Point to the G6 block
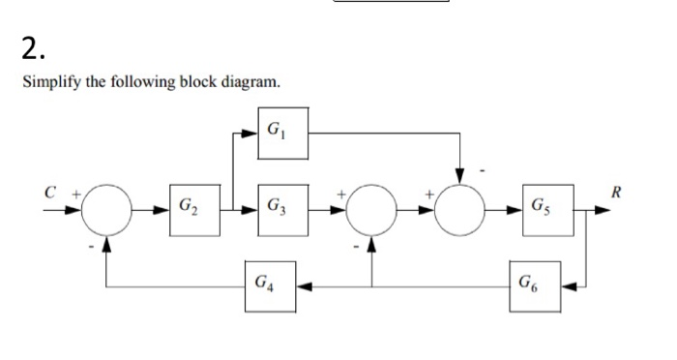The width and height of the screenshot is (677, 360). click(535, 287)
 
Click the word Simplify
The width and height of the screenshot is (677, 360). click(48, 82)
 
